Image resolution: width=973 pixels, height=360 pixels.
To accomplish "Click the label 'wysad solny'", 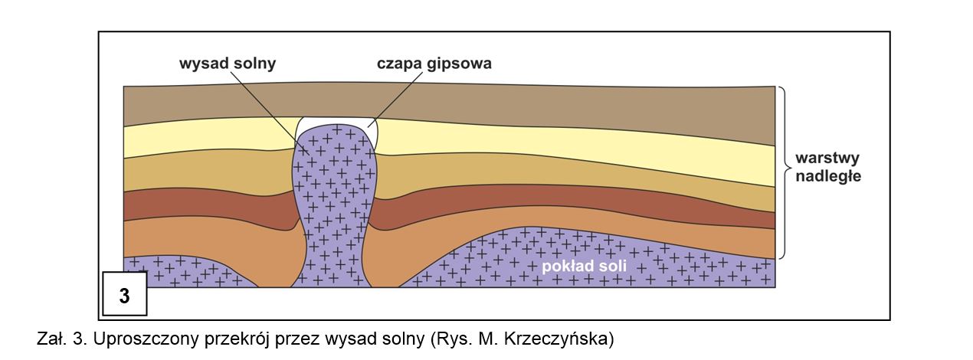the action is click(227, 64).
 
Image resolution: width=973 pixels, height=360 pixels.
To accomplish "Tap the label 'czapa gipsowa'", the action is click(434, 64).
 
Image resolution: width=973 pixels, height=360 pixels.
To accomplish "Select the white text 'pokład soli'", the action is click(585, 267).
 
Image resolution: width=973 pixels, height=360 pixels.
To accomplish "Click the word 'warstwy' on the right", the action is click(827, 159).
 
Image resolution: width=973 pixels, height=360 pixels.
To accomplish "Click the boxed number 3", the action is click(123, 295).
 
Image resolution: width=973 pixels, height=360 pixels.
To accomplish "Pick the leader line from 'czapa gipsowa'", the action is click(398, 96).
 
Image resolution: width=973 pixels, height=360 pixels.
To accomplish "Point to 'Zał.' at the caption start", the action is click(51, 339).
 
